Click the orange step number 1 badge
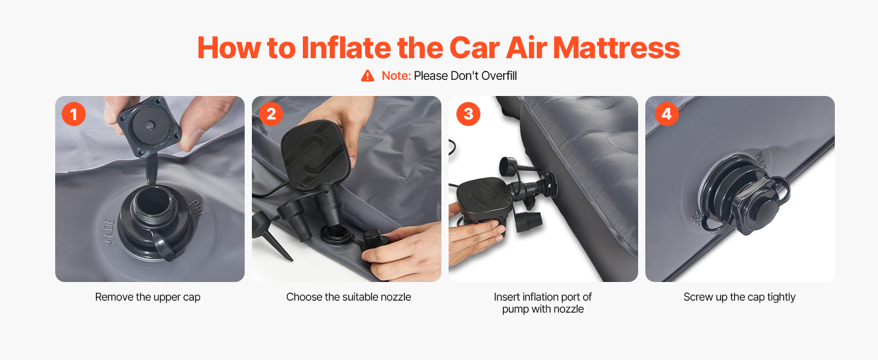pyautogui.click(x=74, y=114)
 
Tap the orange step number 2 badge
pyautogui.click(x=271, y=114)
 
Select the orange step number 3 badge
pyautogui.click(x=468, y=114)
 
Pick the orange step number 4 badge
pyautogui.click(x=667, y=114)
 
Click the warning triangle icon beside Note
pyautogui.click(x=367, y=76)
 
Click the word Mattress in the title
pyautogui.click(x=616, y=48)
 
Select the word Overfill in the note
pyautogui.click(x=499, y=76)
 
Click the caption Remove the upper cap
pyautogui.click(x=148, y=297)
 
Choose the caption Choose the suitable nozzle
pyautogui.click(x=348, y=297)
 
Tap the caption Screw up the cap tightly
pyautogui.click(x=739, y=297)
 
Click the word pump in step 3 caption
pyautogui.click(x=515, y=310)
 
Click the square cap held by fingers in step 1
pyautogui.click(x=149, y=126)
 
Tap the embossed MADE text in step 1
pyautogui.click(x=110, y=233)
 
